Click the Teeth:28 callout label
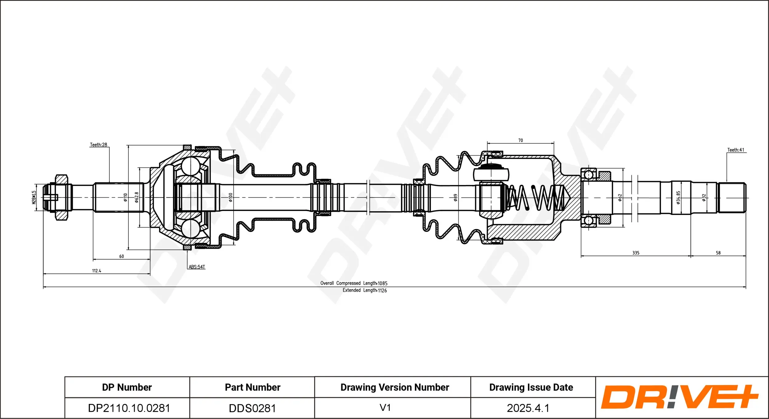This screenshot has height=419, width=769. (x=98, y=144)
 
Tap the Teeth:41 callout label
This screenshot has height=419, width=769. (x=735, y=150)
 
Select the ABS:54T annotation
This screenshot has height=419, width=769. (x=197, y=267)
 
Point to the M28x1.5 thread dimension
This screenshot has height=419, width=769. (x=34, y=197)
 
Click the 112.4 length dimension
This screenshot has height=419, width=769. (x=97, y=271)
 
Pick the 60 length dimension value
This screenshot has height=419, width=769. (x=122, y=256)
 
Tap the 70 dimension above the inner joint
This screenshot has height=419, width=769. (x=520, y=140)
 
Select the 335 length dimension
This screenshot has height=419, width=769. (x=636, y=253)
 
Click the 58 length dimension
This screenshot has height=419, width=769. (x=718, y=253)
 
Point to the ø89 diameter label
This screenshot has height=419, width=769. (x=455, y=197)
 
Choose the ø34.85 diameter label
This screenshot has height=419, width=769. (x=678, y=197)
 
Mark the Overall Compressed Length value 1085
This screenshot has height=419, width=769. (x=382, y=283)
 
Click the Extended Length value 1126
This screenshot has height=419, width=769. (x=382, y=290)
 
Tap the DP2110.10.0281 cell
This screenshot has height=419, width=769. (x=129, y=408)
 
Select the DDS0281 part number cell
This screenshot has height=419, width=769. (x=252, y=408)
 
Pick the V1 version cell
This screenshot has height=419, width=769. (x=385, y=408)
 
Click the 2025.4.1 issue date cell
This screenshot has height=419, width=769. (x=528, y=408)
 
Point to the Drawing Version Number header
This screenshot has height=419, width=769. (x=395, y=387)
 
